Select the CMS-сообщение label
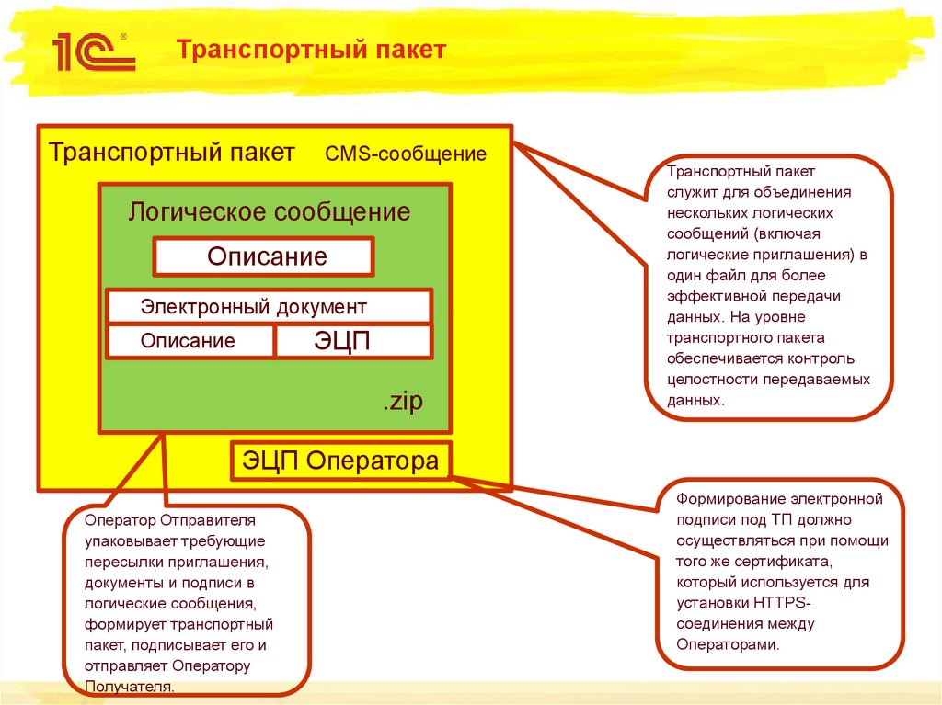point(406,154)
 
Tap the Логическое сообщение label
point(269,212)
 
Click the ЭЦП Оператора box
point(340,461)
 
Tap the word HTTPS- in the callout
point(779,603)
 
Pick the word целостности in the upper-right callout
point(711,380)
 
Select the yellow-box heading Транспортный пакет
point(172,152)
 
